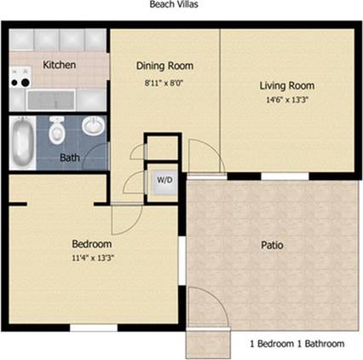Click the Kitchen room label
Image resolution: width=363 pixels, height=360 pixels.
[x=60, y=65]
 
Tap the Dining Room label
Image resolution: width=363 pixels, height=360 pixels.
[x=164, y=66]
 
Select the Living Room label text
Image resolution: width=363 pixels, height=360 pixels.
[x=286, y=85]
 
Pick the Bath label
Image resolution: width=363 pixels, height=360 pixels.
[x=70, y=158]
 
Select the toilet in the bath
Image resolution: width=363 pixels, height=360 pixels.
[x=57, y=131]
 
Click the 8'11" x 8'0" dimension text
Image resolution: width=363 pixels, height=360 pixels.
[x=164, y=84]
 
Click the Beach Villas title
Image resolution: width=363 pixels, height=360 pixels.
[x=176, y=5]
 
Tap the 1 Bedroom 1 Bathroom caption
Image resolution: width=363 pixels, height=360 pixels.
[x=297, y=344]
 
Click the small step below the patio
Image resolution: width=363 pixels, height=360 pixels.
[x=208, y=344]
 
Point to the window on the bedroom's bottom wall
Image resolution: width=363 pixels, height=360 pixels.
[x=93, y=327]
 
